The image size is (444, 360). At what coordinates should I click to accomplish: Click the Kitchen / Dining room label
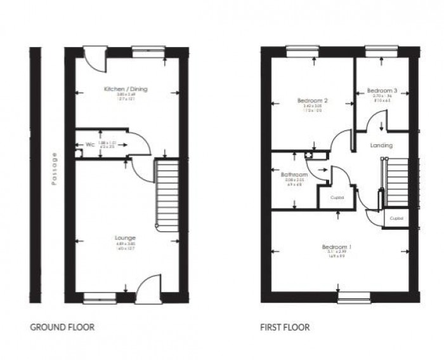tap(126, 90)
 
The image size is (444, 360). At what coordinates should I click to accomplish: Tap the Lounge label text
tap(126, 238)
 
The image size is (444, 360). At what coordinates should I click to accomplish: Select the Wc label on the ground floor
tap(81, 145)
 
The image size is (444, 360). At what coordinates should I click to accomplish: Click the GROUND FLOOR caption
tap(63, 328)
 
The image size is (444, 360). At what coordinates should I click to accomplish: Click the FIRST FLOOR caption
tap(284, 328)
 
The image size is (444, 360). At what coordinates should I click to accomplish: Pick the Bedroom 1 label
tap(336, 246)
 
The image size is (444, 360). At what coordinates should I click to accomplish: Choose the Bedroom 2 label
tap(312, 101)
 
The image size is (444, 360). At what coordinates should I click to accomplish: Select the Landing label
tap(381, 145)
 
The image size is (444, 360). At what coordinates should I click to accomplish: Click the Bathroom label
tap(295, 175)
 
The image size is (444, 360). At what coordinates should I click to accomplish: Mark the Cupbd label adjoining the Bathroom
tap(337, 197)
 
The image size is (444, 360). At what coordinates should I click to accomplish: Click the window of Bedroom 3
tap(379, 48)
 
